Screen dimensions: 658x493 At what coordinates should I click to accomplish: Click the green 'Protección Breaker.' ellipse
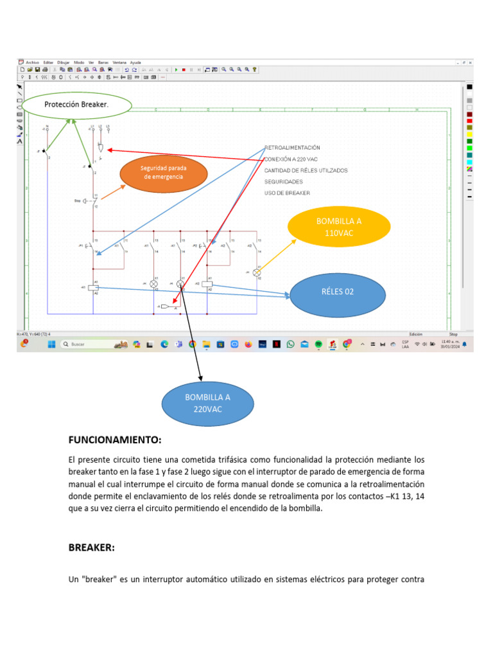pyautogui.click(x=76, y=104)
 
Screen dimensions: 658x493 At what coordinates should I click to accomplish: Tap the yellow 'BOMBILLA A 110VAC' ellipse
pyautogui.click(x=339, y=227)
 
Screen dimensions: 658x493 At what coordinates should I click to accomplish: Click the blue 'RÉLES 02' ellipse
pyautogui.click(x=338, y=292)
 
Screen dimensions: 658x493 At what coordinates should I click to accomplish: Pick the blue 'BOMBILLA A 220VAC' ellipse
pyautogui.click(x=207, y=403)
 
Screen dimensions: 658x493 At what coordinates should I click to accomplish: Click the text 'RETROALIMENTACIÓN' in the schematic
pyautogui.click(x=291, y=147)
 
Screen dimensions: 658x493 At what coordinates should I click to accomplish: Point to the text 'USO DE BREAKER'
pyautogui.click(x=287, y=193)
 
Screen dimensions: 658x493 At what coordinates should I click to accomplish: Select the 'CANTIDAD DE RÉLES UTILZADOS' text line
pyautogui.click(x=306, y=170)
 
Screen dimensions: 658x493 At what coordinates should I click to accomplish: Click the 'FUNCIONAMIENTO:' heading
pyautogui.click(x=115, y=440)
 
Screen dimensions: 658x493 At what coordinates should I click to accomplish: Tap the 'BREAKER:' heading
pyautogui.click(x=91, y=547)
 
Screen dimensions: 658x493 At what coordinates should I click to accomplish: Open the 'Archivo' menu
pyautogui.click(x=31, y=62)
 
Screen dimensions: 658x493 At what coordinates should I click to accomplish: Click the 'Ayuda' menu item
pyautogui.click(x=135, y=62)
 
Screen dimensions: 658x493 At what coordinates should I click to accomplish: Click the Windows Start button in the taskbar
pyautogui.click(x=50, y=344)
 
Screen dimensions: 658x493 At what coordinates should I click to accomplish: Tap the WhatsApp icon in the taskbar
pyautogui.click(x=290, y=344)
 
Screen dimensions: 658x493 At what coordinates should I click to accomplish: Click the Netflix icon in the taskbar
pyautogui.click(x=276, y=344)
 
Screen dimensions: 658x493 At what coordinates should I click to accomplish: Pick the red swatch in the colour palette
pyautogui.click(x=469, y=121)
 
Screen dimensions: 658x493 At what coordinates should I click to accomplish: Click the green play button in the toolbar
pyautogui.click(x=176, y=69)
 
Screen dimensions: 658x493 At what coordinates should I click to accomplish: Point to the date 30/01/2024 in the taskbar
pyautogui.click(x=449, y=347)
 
